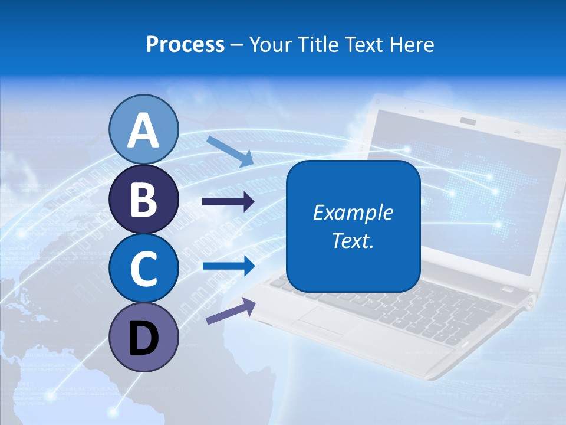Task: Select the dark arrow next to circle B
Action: coord(228,202)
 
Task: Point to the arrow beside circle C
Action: coord(228,266)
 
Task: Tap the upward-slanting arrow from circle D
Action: coord(231,311)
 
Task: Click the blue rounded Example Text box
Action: coord(353,226)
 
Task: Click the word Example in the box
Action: coord(353,212)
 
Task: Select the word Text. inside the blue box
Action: coord(353,241)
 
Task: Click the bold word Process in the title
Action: coord(185,44)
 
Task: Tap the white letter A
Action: coord(143,130)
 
